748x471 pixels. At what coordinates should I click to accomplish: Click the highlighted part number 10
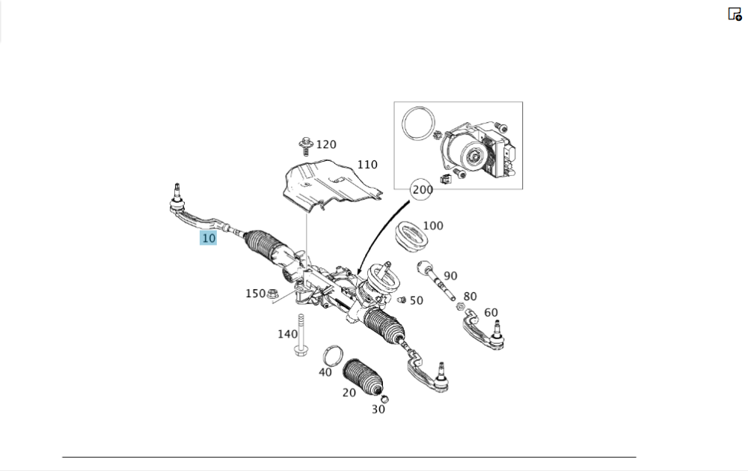(x=208, y=238)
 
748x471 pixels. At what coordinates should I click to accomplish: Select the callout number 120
(x=326, y=145)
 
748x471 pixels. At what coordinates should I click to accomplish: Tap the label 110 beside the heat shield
(x=367, y=165)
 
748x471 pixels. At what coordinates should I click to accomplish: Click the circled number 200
(x=423, y=190)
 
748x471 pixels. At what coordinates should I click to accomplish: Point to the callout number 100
(x=433, y=225)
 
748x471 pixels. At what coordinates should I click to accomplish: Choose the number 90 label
(x=450, y=276)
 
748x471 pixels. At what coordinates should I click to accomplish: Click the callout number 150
(x=255, y=294)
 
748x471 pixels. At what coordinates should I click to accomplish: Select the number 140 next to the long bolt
(x=287, y=334)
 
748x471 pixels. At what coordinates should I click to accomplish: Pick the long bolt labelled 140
(x=301, y=336)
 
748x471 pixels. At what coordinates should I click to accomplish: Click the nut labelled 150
(x=273, y=293)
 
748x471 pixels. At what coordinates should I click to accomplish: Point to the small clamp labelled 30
(x=384, y=397)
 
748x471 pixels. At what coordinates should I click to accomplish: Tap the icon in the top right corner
(x=735, y=14)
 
